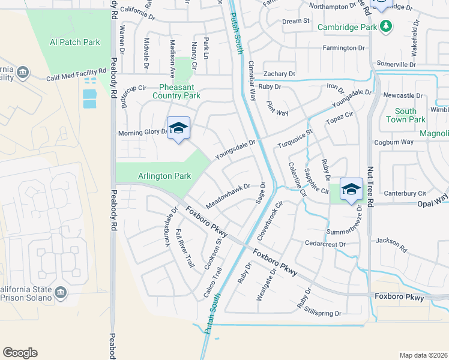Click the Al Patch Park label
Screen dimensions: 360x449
pyautogui.click(x=74, y=42)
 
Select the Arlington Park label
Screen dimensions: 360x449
pyautogui.click(x=164, y=176)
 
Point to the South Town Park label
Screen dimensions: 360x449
pyautogui.click(x=406, y=115)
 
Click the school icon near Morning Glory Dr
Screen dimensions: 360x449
pyautogui.click(x=178, y=128)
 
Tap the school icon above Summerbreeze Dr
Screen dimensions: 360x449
pyautogui.click(x=351, y=189)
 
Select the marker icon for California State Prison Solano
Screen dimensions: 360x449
pyautogui.click(x=60, y=292)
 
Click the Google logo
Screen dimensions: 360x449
pyautogui.click(x=20, y=353)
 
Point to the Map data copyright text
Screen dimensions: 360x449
pyautogui.click(x=423, y=355)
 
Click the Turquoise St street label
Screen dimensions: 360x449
pyautogui.click(x=295, y=139)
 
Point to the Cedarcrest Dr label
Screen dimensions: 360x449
pyautogui.click(x=326, y=244)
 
